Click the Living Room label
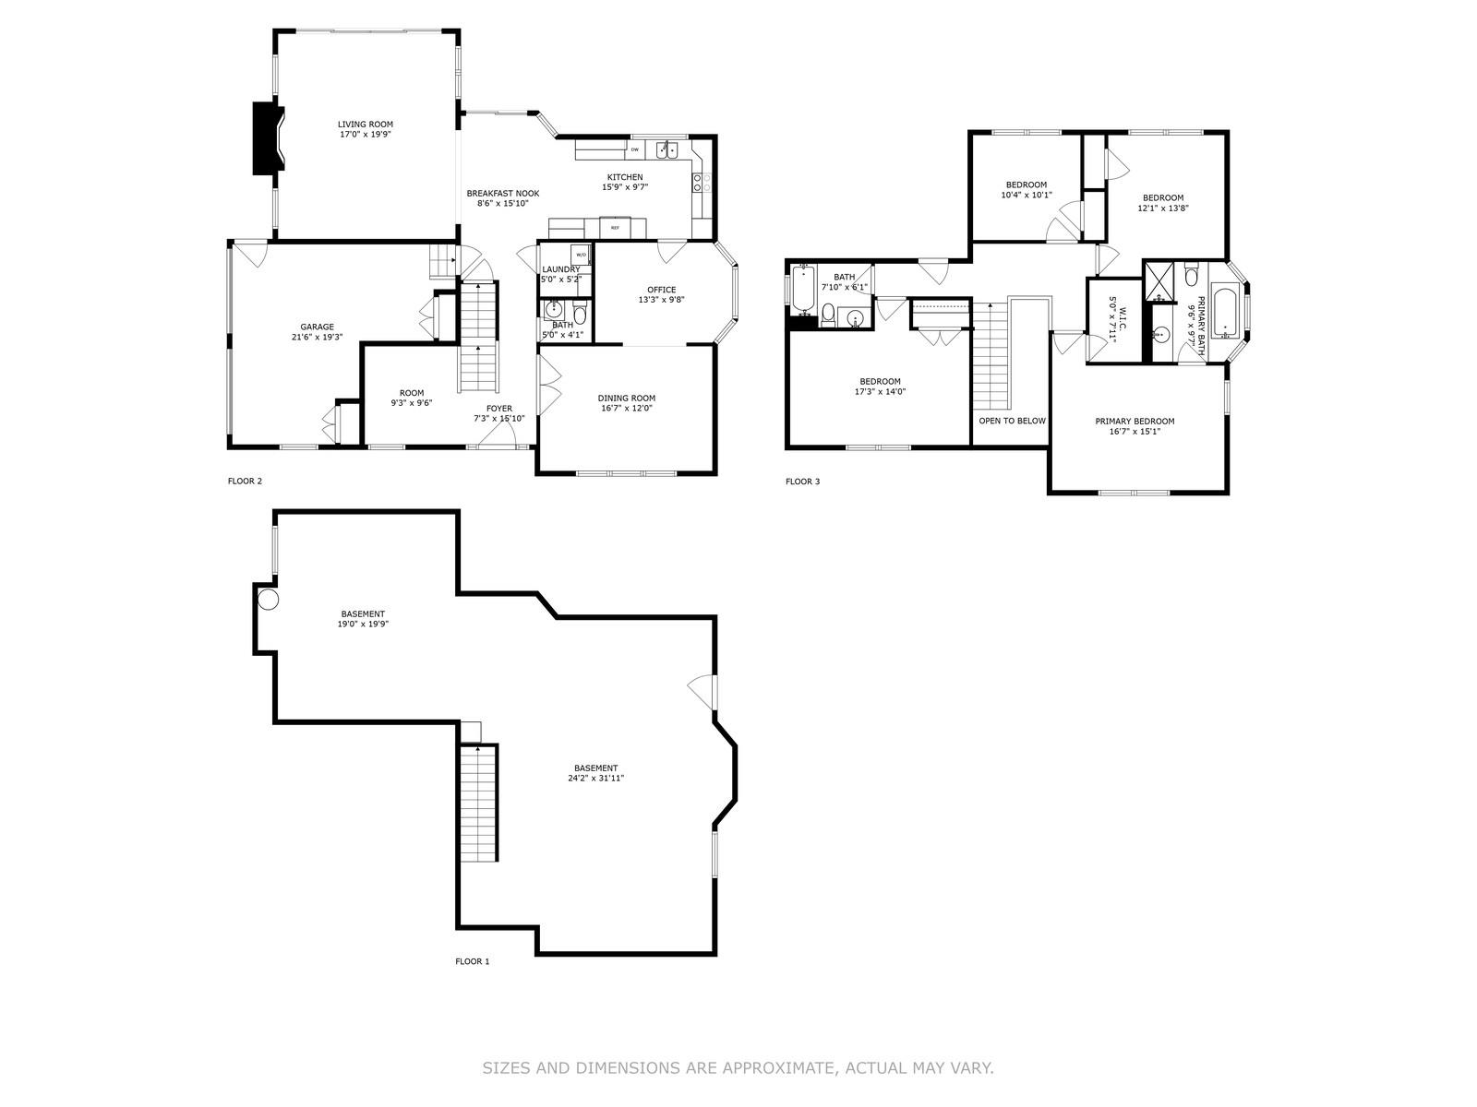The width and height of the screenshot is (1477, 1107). click(365, 125)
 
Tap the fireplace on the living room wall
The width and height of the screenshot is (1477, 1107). click(267, 138)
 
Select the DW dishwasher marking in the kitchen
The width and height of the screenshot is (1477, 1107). click(634, 149)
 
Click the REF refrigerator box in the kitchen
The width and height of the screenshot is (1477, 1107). click(614, 227)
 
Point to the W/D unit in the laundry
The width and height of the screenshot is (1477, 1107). click(581, 255)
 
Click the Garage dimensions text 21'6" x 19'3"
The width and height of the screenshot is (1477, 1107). click(317, 337)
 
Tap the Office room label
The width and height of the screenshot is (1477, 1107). click(661, 290)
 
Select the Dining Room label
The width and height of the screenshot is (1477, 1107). click(626, 399)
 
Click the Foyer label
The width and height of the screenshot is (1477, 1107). click(498, 409)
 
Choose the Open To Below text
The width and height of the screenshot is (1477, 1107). click(1012, 421)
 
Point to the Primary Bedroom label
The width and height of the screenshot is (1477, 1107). click(1135, 422)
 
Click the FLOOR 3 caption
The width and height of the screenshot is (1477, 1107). click(801, 482)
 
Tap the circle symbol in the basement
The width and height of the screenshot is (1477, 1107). click(268, 601)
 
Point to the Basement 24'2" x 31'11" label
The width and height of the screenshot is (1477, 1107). click(595, 773)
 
